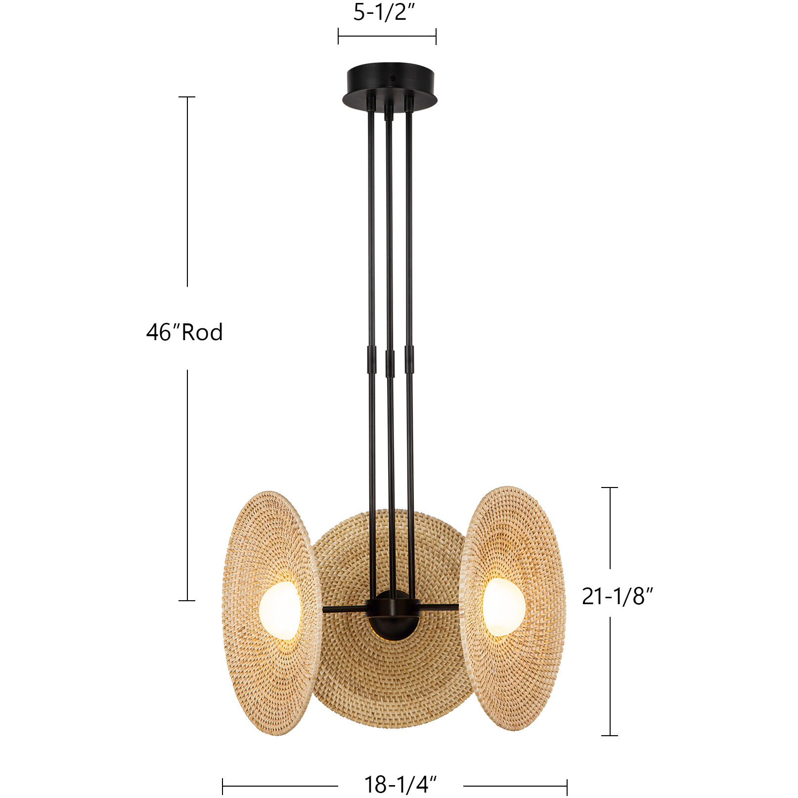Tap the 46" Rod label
point(184,332)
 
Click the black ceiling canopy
point(390,84)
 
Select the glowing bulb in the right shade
point(503,606)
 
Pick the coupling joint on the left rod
point(371,359)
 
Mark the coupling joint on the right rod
point(409,359)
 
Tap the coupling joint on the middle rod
point(390,363)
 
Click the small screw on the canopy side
point(393,78)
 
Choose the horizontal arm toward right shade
point(438,607)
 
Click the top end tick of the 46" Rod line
point(187,97)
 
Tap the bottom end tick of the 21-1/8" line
point(610,735)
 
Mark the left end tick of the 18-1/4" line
point(223,786)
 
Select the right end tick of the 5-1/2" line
point(436,36)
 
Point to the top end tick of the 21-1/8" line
point(610,488)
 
